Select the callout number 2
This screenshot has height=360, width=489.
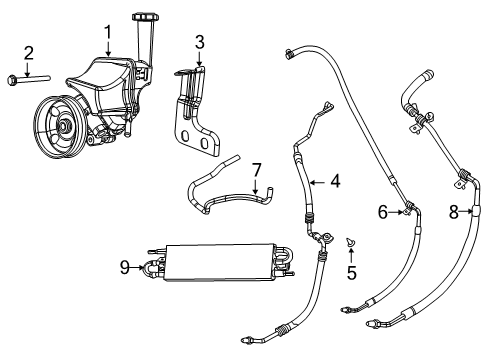(x=29, y=52)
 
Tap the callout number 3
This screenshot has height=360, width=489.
(x=199, y=43)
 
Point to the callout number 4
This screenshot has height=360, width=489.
(x=336, y=181)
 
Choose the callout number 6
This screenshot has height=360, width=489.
(x=381, y=211)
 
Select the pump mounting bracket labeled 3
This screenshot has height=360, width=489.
(x=197, y=110)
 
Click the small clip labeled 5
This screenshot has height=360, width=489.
(x=351, y=242)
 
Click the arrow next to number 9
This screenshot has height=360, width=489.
(x=141, y=266)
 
